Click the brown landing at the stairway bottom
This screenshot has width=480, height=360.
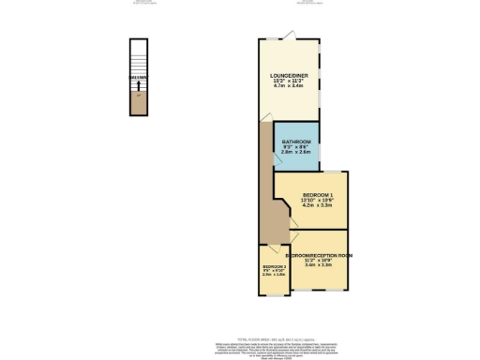pyautogui.click(x=139, y=105)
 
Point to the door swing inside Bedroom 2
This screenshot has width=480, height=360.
pyautogui.click(x=270, y=251)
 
